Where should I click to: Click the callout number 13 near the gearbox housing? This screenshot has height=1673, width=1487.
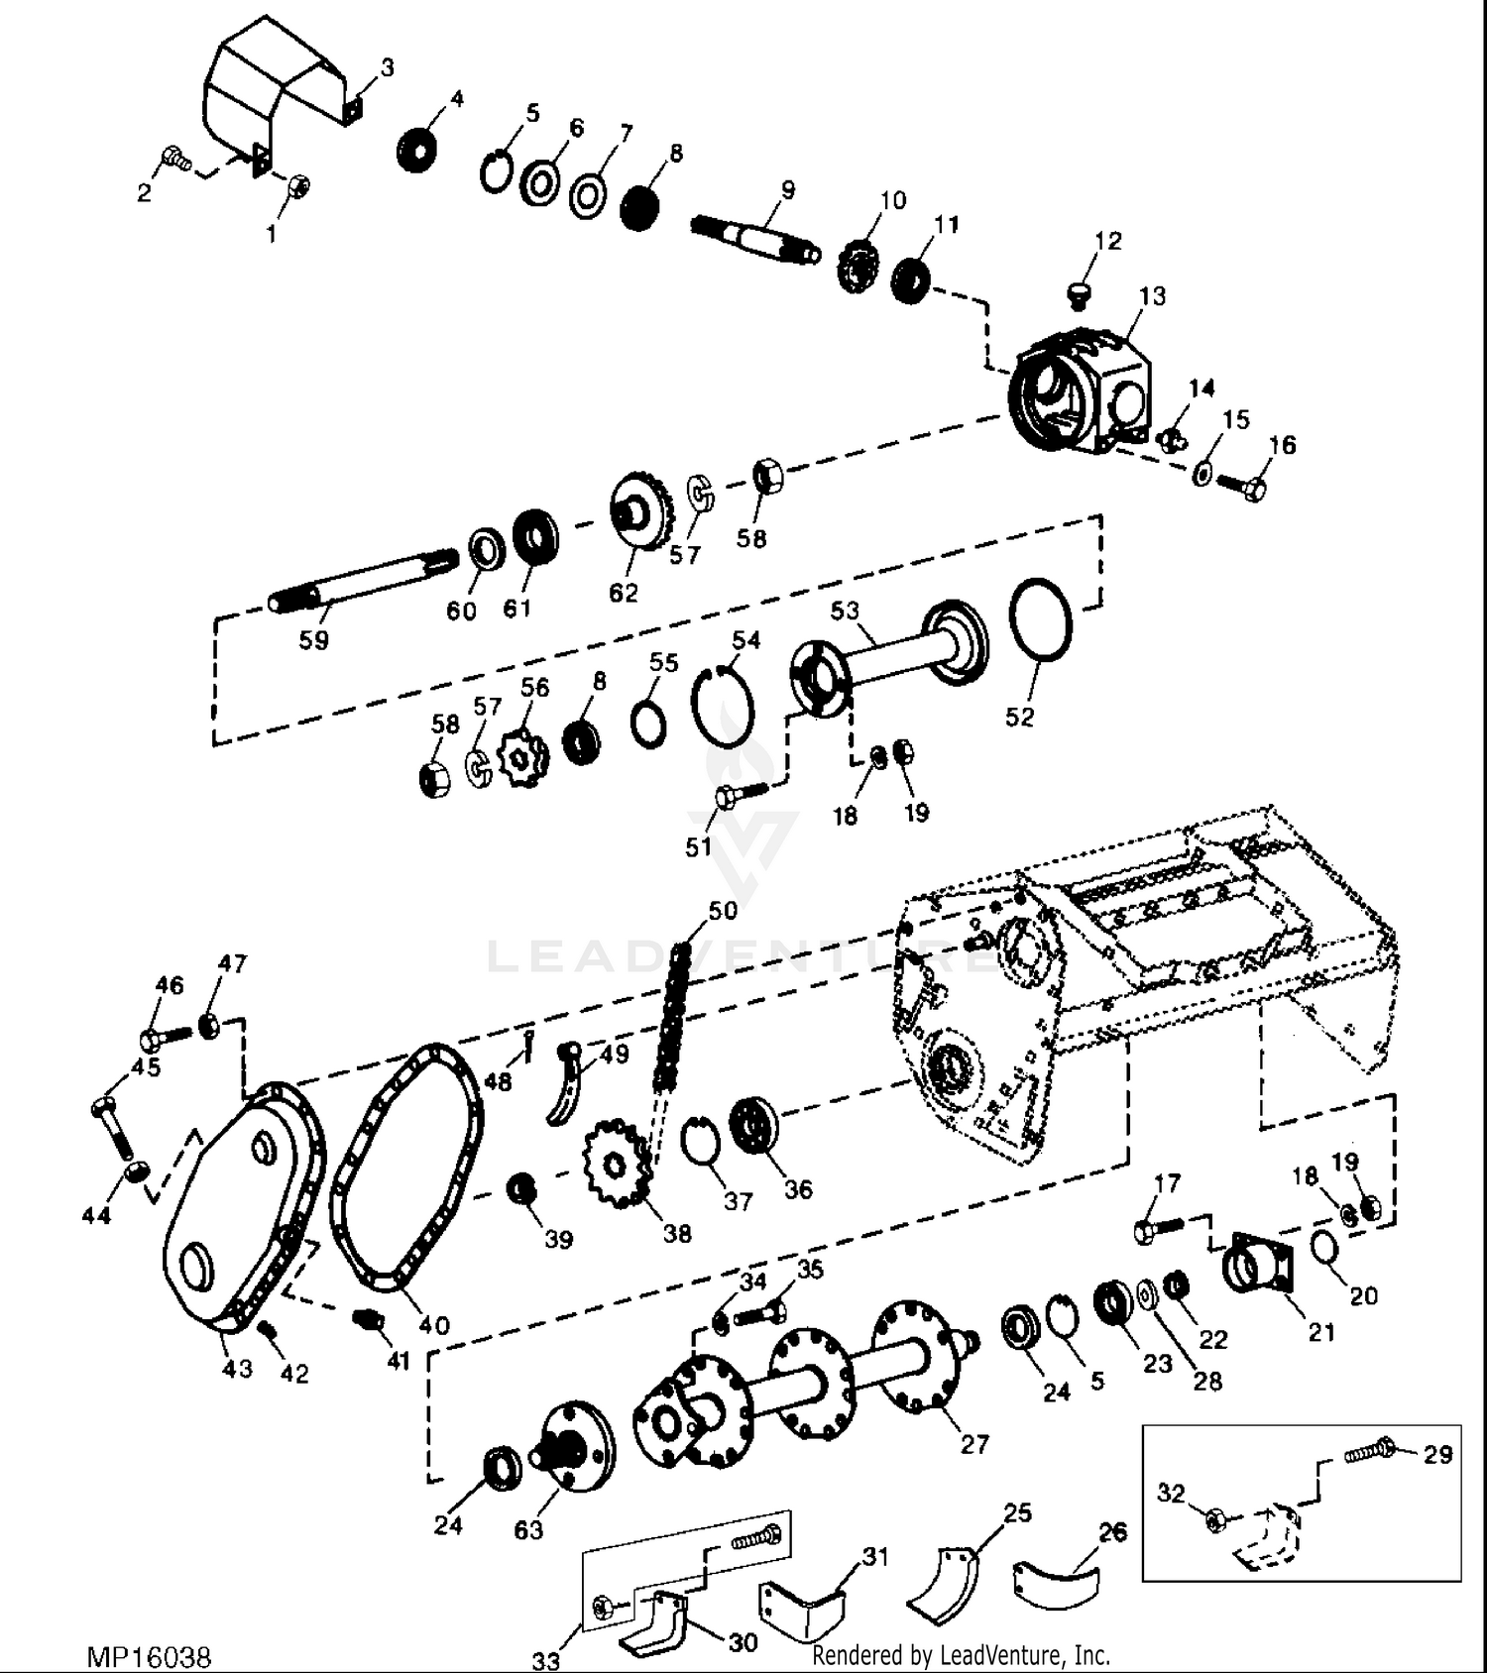[x=1152, y=295]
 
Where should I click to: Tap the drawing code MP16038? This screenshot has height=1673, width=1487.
[x=150, y=1656]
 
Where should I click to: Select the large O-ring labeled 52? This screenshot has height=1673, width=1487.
[x=1040, y=619]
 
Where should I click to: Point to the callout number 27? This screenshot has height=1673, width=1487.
[x=974, y=1443]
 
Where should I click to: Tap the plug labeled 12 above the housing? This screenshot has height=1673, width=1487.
[x=1078, y=291]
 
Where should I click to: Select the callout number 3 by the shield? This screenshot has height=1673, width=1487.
[x=387, y=67]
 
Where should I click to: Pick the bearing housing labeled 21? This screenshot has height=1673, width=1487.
[x=1259, y=1264]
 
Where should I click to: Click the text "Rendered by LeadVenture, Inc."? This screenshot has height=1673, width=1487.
[x=961, y=1654]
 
